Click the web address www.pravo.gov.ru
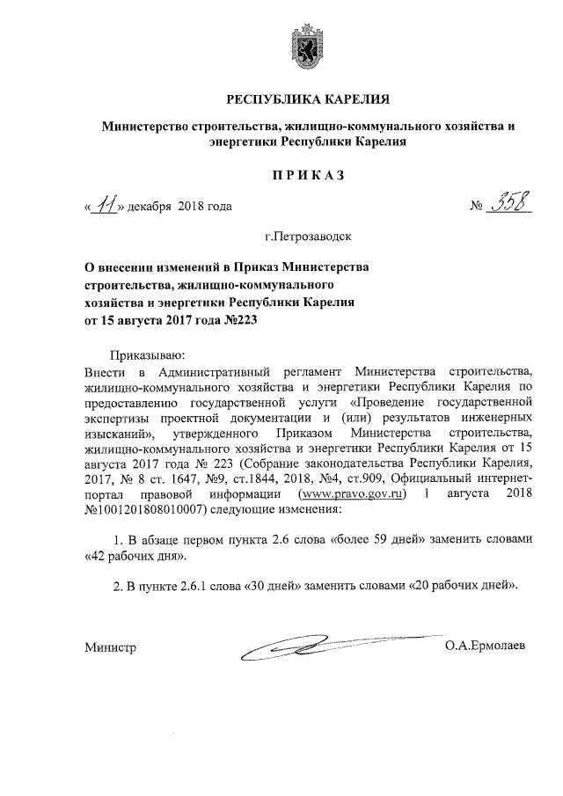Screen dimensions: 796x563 tap(355, 494)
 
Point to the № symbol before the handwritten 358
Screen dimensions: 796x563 tap(479, 208)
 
